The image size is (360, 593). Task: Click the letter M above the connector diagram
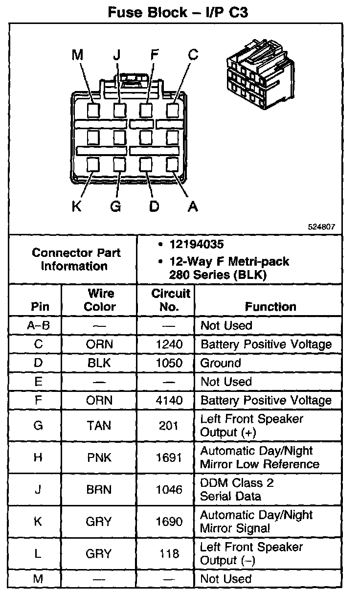click(x=77, y=55)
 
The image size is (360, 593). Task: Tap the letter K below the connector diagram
click(x=77, y=206)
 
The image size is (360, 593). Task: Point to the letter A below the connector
click(x=193, y=206)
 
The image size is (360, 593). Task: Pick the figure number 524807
click(x=321, y=227)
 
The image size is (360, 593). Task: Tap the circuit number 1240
click(x=169, y=344)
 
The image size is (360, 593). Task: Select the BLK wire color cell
click(x=99, y=363)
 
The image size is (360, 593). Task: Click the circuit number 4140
click(x=169, y=400)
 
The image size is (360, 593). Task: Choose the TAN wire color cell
click(x=99, y=426)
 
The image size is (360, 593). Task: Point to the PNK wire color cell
click(x=99, y=457)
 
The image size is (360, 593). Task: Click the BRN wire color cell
click(x=99, y=489)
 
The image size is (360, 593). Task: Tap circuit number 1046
click(x=169, y=489)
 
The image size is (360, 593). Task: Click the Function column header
click(x=270, y=307)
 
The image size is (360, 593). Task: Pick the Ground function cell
click(x=221, y=363)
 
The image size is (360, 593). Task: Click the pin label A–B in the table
click(x=38, y=325)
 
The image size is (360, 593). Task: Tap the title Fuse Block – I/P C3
click(x=178, y=12)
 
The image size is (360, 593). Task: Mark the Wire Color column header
click(x=100, y=300)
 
